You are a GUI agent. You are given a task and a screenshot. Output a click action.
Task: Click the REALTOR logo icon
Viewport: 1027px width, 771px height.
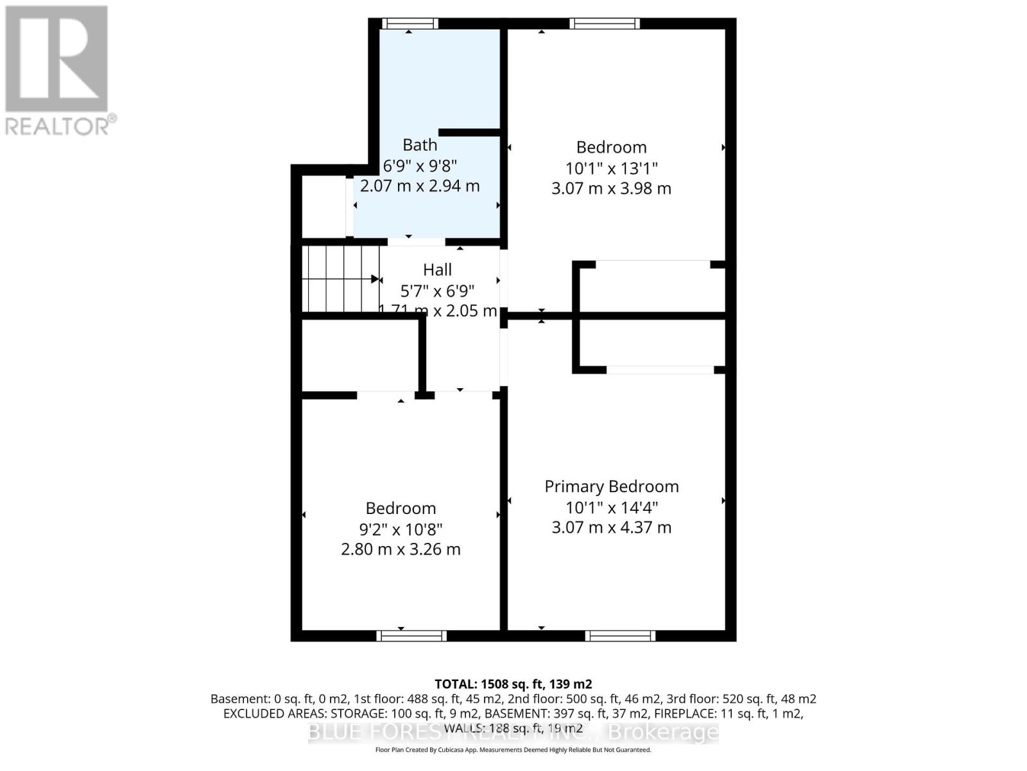coord(56,59)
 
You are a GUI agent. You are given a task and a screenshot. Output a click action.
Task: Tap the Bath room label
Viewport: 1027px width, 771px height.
coord(420,145)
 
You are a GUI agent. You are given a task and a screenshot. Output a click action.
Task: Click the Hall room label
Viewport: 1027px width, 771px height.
coord(437,270)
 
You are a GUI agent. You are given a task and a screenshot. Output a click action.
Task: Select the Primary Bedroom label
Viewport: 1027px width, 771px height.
coord(611,486)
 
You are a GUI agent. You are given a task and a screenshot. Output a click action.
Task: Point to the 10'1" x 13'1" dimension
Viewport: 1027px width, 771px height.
coord(611,168)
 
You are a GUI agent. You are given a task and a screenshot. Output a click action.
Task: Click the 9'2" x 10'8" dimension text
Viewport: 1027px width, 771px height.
coord(401,529)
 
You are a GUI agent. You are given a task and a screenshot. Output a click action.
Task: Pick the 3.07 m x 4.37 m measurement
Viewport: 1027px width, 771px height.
coord(611,527)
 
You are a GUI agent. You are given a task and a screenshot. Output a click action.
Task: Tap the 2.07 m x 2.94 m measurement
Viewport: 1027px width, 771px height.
coord(420,186)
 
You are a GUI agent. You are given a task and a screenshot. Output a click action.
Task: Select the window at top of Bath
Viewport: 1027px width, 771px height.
coord(410,24)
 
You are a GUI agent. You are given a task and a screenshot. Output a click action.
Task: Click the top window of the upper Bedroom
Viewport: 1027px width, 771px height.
coord(604,24)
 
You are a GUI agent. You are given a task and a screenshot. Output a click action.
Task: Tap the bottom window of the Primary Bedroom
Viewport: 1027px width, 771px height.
coord(620,636)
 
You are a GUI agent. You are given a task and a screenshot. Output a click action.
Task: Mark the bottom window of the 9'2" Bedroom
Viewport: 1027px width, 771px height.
coord(411,636)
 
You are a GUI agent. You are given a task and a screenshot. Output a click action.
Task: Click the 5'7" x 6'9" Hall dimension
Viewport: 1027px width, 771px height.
coord(437,291)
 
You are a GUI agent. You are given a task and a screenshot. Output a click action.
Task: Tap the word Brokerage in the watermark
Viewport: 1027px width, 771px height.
coord(663,732)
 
